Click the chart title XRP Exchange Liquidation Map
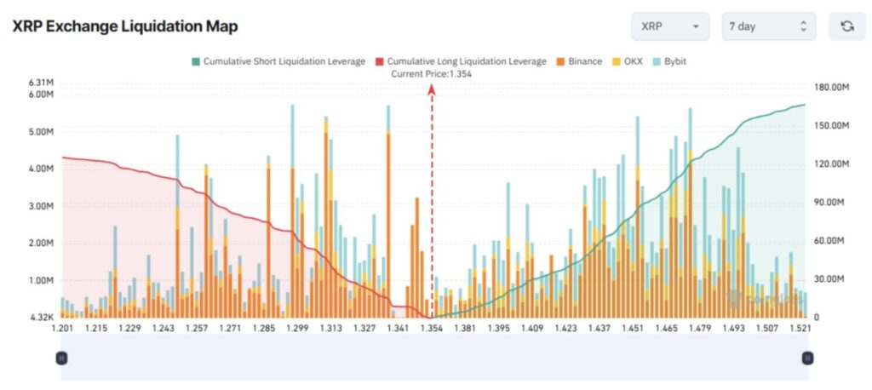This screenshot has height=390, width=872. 124,26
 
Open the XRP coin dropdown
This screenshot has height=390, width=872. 670,26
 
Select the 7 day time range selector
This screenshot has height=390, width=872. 768,26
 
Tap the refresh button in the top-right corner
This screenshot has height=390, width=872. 846,26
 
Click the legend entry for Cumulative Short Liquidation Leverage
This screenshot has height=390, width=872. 278,61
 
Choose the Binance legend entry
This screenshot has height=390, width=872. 579,61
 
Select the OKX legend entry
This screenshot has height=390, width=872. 628,61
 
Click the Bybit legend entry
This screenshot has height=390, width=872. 670,61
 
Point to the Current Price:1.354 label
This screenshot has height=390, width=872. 431,74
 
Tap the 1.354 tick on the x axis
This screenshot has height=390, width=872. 432,329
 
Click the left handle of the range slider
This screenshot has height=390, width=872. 61,358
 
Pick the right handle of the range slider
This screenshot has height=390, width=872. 806,358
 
